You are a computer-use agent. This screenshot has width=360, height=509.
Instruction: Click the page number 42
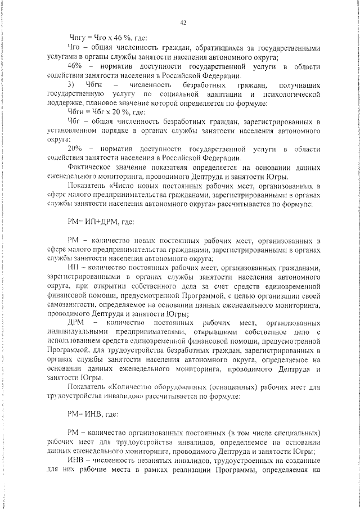(183, 22)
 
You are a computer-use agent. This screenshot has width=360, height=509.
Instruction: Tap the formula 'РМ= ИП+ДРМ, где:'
(101, 222)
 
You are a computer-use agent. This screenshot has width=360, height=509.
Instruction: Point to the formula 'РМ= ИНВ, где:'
(93, 415)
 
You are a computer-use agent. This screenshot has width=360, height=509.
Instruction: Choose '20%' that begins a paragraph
(75, 148)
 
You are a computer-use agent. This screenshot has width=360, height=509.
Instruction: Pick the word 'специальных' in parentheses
(298, 433)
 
